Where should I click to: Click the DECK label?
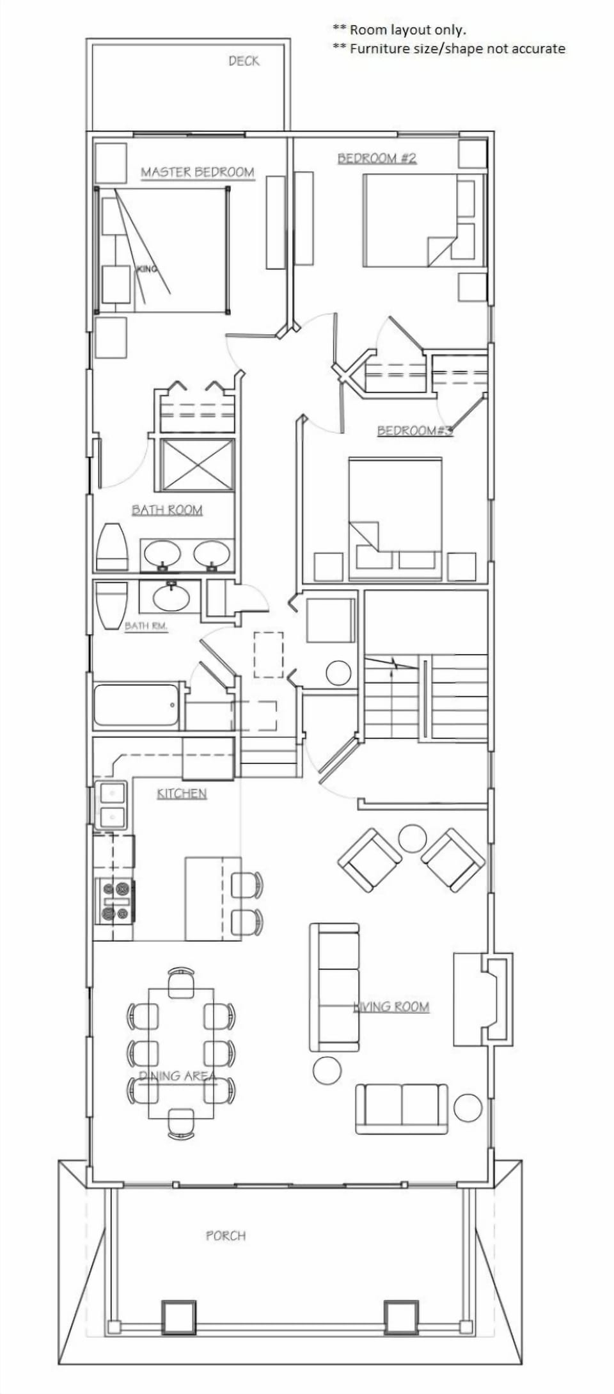pyautogui.click(x=244, y=61)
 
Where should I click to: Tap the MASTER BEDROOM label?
pyautogui.click(x=197, y=172)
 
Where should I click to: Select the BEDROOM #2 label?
pyautogui.click(x=377, y=158)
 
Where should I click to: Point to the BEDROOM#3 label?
pyautogui.click(x=414, y=430)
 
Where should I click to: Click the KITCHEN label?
pyautogui.click(x=182, y=794)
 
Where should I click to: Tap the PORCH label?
pyautogui.click(x=225, y=1236)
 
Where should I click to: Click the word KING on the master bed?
pyautogui.click(x=146, y=269)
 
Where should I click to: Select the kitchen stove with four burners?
pyautogui.click(x=114, y=901)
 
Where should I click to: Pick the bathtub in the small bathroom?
pyautogui.click(x=136, y=705)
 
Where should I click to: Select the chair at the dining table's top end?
pyautogui.click(x=181, y=982)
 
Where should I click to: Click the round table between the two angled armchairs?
pyautogui.click(x=412, y=838)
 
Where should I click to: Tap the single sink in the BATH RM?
pyautogui.click(x=171, y=597)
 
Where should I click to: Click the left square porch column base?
pyautogui.click(x=178, y=1317)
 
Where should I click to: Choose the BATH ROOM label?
pyautogui.click(x=167, y=510)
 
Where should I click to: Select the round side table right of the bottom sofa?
pyautogui.click(x=468, y=1107)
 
